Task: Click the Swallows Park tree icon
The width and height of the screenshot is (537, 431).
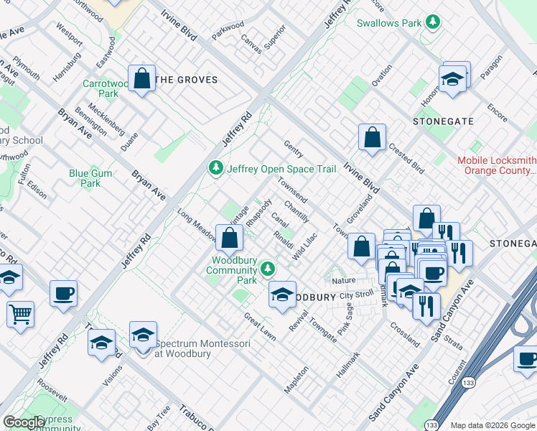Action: coord(432,22)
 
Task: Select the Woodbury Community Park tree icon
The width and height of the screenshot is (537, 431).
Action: coord(268,269)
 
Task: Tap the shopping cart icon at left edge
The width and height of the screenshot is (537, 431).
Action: coord(20,312)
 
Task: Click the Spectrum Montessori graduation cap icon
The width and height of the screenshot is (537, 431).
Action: coord(143,335)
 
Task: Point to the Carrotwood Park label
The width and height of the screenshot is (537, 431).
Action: coord(104,88)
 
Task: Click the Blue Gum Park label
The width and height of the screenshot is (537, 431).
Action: coord(90,178)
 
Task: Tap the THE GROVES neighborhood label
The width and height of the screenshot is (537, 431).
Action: coord(186,80)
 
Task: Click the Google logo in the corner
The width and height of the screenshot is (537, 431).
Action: coord(24,422)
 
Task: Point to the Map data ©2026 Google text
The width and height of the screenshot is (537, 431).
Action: coord(492,425)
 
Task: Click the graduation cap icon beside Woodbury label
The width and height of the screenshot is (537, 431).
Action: coord(283,294)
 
